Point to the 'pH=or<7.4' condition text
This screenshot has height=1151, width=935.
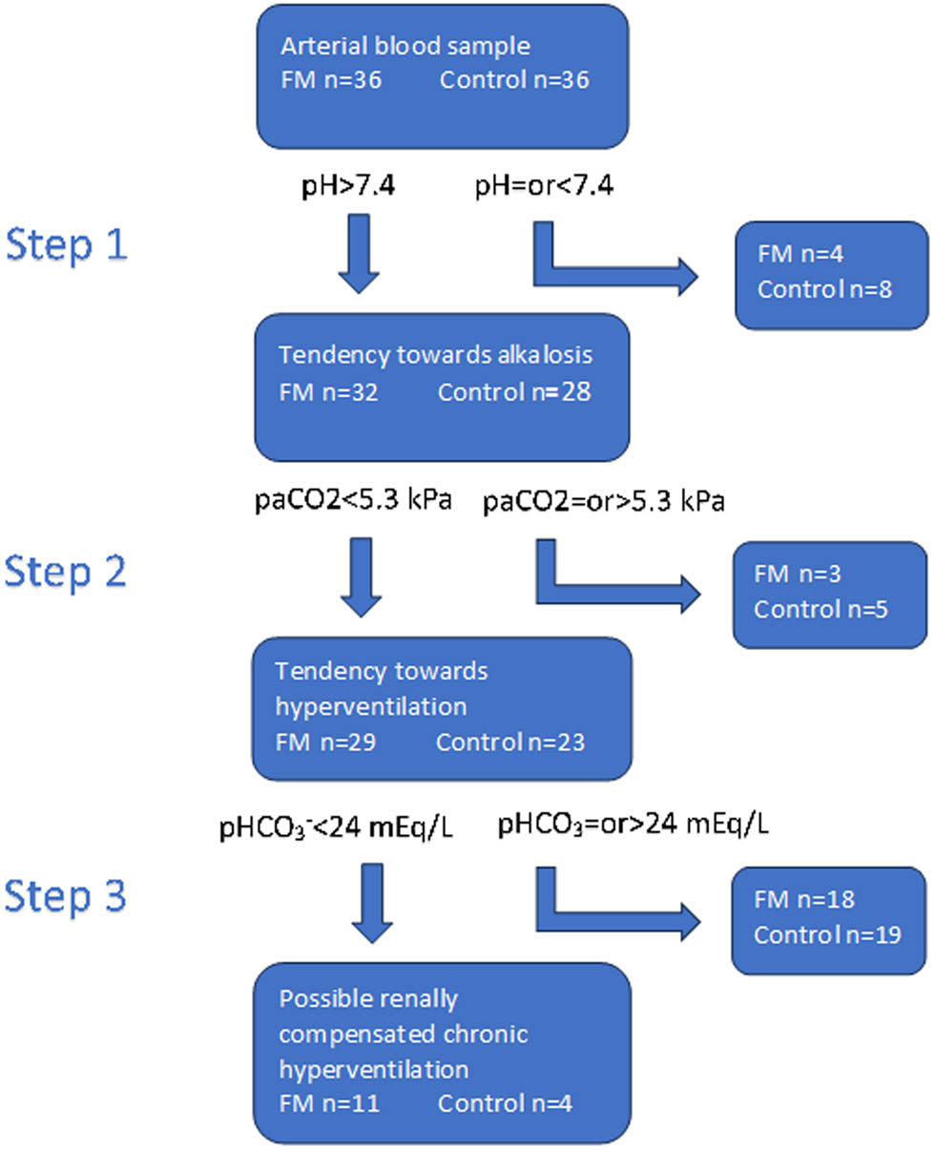click(x=543, y=187)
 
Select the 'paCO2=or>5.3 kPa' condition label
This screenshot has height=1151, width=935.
click(x=604, y=501)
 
